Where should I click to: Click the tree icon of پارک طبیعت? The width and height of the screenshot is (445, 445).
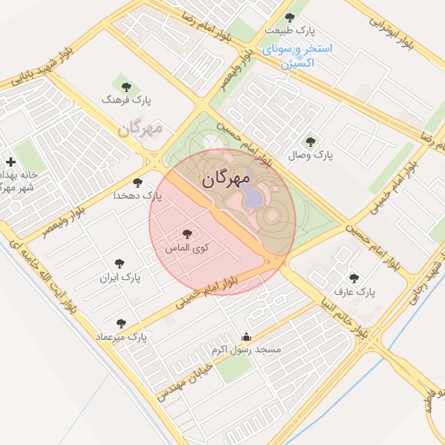click(290, 17)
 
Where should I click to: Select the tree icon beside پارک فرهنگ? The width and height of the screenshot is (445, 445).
click(128, 86)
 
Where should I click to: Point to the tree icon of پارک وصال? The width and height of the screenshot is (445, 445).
click(310, 142)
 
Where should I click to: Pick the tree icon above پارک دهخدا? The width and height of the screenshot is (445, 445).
click(137, 183)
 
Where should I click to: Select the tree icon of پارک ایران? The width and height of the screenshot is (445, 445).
click(120, 262)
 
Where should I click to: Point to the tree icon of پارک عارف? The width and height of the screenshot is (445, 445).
click(354, 280)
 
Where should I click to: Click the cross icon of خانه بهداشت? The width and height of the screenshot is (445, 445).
click(10, 162)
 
